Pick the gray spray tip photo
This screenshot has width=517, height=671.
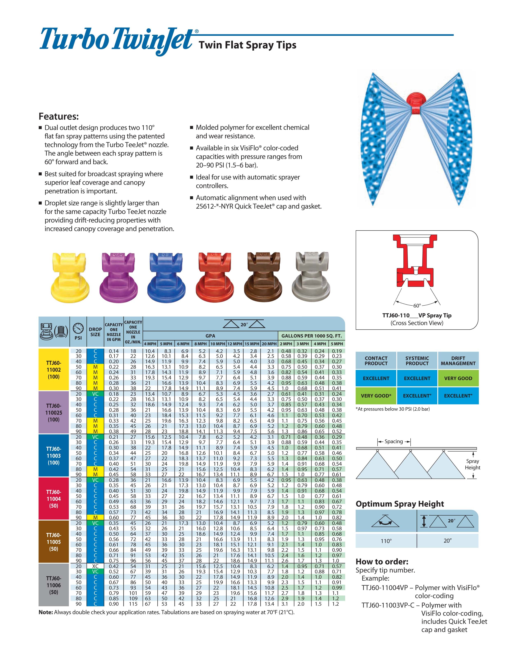(x=311, y=275)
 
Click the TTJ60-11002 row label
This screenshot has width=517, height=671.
(x=54, y=370)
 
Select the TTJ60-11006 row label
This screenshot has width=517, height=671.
(x=54, y=585)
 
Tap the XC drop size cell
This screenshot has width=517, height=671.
(x=95, y=566)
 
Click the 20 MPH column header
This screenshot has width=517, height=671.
(x=269, y=344)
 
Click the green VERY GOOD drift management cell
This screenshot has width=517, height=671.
(x=458, y=378)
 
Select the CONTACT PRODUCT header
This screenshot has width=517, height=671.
(x=376, y=361)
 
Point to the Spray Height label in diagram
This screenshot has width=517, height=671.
(x=472, y=464)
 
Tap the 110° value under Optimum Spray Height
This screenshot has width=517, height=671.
(x=386, y=541)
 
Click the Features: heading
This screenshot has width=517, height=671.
(x=59, y=116)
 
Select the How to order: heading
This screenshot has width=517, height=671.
(x=382, y=562)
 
